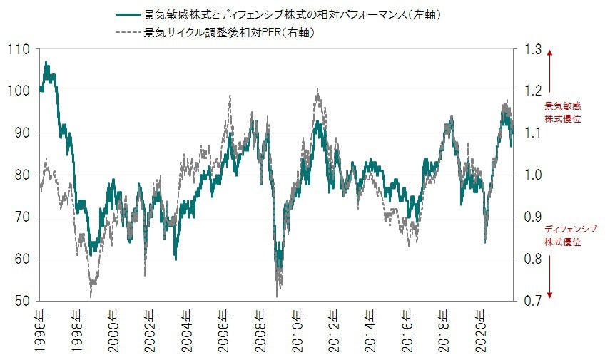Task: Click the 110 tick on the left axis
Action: coord(18,49)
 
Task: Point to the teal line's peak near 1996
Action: coord(46,63)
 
